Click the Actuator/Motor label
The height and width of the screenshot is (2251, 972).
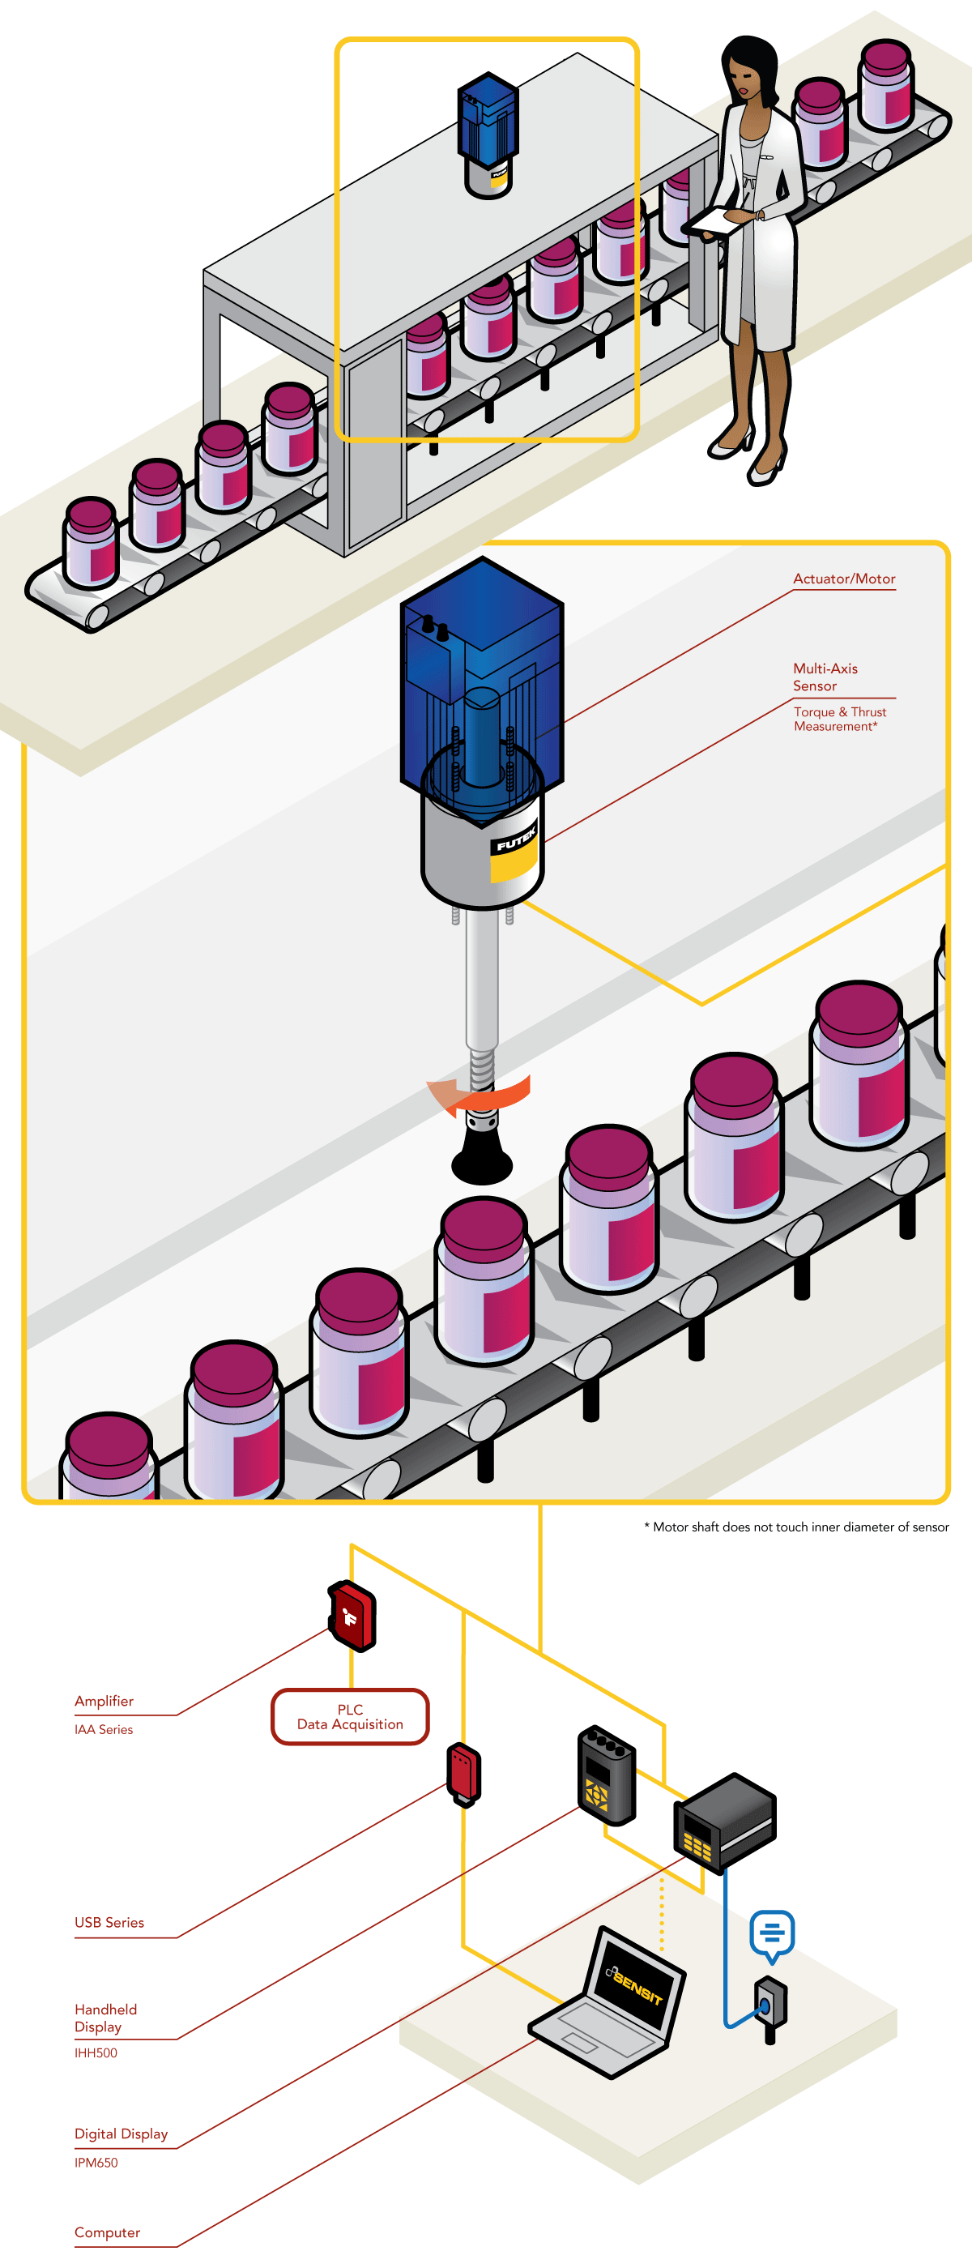(x=844, y=579)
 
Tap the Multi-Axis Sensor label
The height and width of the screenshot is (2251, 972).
(x=825, y=677)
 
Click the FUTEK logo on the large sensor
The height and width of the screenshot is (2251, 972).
(x=515, y=839)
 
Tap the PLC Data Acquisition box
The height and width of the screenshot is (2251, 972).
(x=350, y=1717)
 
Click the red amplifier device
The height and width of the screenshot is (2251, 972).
(x=352, y=1616)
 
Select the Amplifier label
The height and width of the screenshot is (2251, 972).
(x=104, y=1701)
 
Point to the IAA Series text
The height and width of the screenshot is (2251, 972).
(x=103, y=1729)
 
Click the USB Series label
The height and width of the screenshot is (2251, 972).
(x=109, y=1921)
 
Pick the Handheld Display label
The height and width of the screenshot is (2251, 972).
(x=104, y=2018)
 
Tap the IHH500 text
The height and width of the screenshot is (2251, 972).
(x=96, y=2052)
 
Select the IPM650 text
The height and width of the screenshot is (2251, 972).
(x=96, y=2163)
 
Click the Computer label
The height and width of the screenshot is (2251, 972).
(x=107, y=2232)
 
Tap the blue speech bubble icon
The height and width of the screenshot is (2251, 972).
(x=772, y=1933)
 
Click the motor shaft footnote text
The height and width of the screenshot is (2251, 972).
(x=795, y=1527)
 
